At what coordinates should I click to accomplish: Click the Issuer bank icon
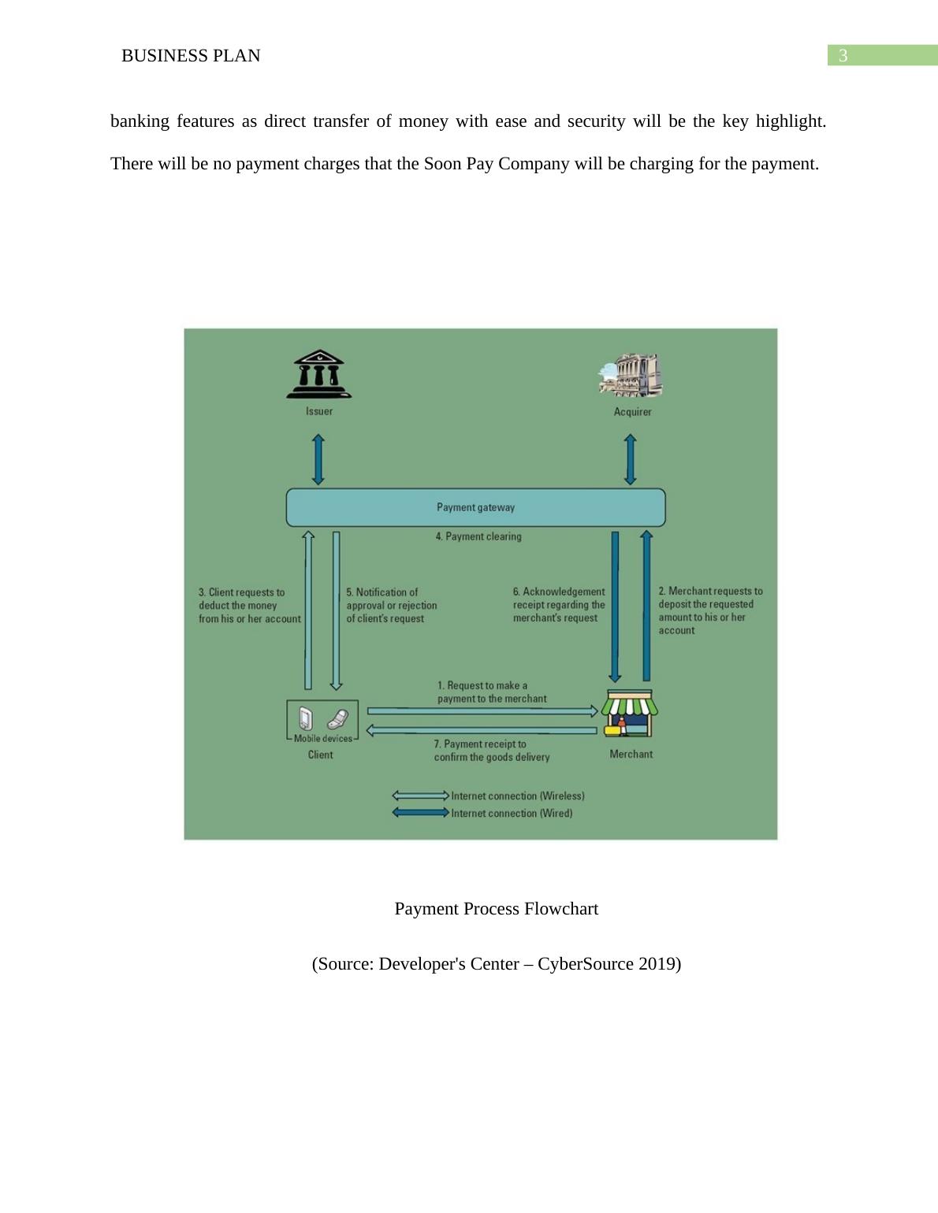[318, 374]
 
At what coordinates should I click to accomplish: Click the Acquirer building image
[631, 375]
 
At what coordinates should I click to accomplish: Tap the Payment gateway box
[475, 507]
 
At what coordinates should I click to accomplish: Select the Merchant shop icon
[630, 713]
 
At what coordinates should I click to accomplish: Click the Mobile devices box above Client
[322, 720]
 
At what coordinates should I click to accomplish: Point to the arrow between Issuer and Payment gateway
[318, 459]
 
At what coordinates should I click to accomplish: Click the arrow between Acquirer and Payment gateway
[631, 459]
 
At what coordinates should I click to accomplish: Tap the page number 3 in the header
[843, 56]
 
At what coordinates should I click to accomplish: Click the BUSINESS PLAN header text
[191, 56]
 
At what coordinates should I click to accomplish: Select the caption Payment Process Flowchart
[496, 909]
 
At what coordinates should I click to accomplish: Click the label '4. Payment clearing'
[478, 536]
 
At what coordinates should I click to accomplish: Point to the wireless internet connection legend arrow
[420, 796]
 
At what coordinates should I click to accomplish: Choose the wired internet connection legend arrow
[420, 813]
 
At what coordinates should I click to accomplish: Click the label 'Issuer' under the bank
[319, 411]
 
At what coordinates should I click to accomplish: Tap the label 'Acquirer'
[632, 412]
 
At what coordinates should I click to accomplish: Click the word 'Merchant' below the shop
[631, 754]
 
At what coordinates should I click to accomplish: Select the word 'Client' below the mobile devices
[320, 755]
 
